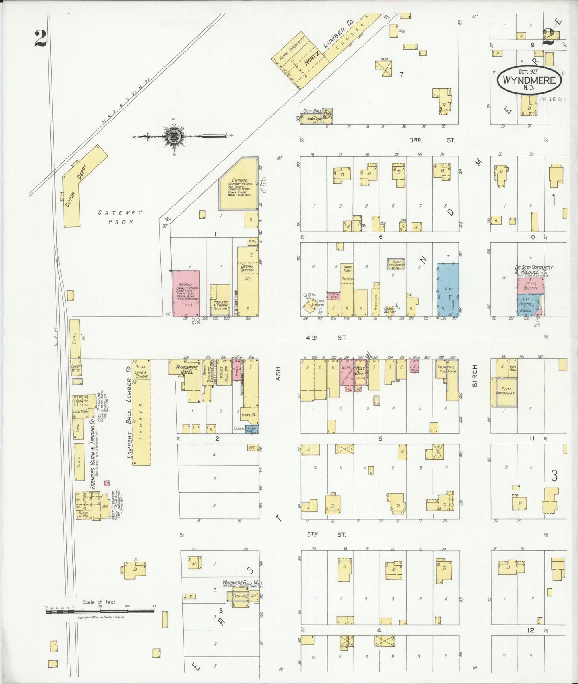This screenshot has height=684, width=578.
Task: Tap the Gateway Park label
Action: (x=120, y=217)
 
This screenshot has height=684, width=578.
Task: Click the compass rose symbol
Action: (x=174, y=137)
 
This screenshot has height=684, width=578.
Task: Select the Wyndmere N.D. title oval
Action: (x=529, y=80)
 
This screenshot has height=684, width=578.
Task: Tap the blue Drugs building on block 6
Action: (x=448, y=289)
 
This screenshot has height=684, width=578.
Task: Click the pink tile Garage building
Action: (x=186, y=293)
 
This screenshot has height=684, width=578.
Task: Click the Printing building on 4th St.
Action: (x=446, y=370)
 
